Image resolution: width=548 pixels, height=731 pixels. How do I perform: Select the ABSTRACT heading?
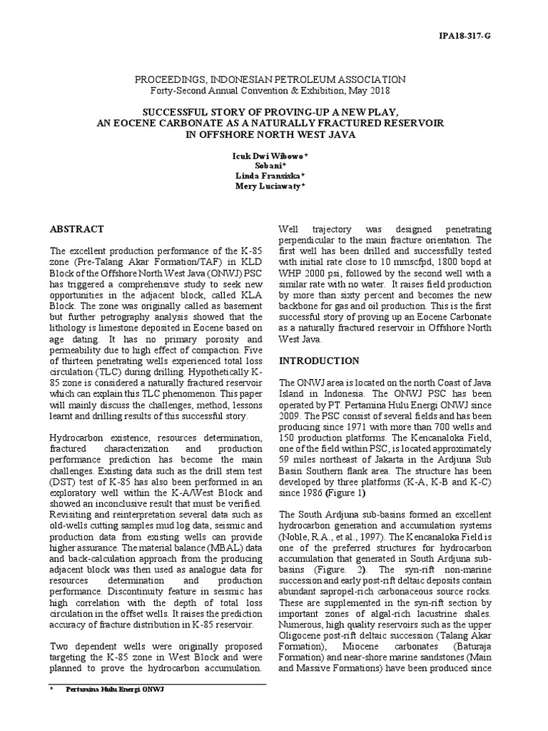(x=76, y=229)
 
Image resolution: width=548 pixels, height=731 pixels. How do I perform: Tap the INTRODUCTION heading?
(x=319, y=361)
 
